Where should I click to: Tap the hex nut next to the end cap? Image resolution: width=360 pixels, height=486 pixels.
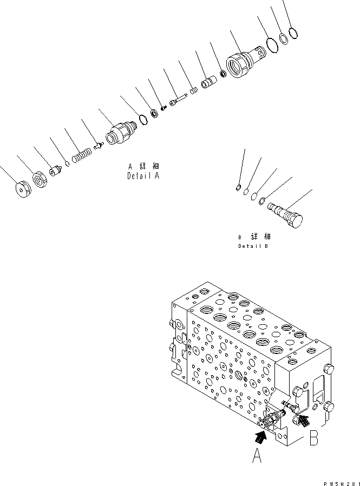[x=41, y=179]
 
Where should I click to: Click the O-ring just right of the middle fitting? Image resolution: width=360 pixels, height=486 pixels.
[x=143, y=120]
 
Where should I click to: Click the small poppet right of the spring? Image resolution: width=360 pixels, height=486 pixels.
[x=99, y=145]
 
